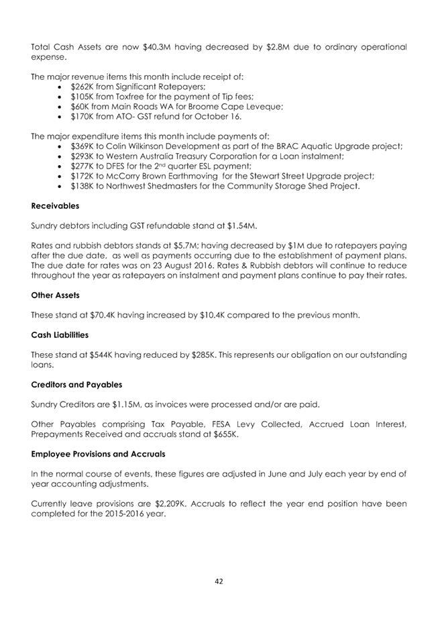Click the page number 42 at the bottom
point(219,581)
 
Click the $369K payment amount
point(83,146)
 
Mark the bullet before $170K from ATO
point(62,116)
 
